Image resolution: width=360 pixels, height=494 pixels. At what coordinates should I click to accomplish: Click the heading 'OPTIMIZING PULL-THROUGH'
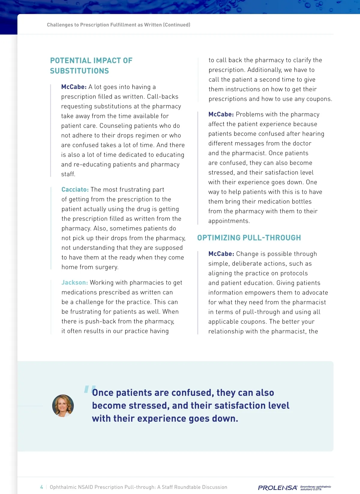249,238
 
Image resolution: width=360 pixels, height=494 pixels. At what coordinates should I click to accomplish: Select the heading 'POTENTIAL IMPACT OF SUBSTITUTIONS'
91,66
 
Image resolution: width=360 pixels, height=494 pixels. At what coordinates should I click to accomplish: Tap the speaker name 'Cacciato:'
75,189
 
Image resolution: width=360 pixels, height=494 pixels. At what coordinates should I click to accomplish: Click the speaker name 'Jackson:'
75,283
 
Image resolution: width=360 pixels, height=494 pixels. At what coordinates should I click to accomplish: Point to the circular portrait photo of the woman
63,406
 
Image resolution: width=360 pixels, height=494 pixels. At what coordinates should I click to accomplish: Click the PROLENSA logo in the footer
277,488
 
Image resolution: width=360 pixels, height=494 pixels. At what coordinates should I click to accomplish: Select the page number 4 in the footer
42,487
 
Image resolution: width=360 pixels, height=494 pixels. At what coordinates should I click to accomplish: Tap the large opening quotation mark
89,389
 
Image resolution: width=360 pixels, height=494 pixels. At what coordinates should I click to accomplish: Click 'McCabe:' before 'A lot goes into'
74,87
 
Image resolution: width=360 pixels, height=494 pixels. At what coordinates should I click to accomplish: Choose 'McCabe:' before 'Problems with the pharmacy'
221,114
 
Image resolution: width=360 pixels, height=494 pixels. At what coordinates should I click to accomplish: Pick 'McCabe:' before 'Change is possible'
221,254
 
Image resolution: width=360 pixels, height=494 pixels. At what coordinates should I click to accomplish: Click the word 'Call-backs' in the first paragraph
163,97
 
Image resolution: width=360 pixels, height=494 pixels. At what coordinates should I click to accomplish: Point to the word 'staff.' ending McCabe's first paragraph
68,174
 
